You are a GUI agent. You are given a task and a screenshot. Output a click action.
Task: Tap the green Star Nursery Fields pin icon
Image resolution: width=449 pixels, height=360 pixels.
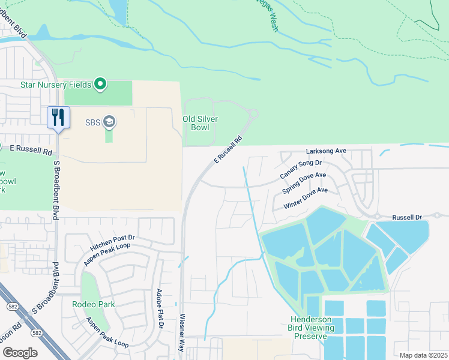[101, 85]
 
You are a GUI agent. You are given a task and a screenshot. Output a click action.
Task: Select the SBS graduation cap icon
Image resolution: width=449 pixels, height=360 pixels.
[109, 122]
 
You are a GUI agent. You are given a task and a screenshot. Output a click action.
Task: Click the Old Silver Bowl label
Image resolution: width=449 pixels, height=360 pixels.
[200, 124]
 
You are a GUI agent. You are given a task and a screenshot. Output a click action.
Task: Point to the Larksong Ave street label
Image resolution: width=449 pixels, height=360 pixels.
[327, 151]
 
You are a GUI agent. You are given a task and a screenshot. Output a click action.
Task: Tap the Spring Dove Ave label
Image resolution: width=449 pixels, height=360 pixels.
[304, 183]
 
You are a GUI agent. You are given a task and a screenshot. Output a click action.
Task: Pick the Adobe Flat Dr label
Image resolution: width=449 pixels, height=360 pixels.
[160, 309]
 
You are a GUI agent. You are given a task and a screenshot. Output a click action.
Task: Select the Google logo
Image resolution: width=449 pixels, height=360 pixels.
[20, 352]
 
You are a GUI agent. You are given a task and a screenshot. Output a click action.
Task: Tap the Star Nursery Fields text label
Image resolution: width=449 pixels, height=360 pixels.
[56, 85]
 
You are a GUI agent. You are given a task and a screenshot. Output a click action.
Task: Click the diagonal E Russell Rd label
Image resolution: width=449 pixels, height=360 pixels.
[228, 150]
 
